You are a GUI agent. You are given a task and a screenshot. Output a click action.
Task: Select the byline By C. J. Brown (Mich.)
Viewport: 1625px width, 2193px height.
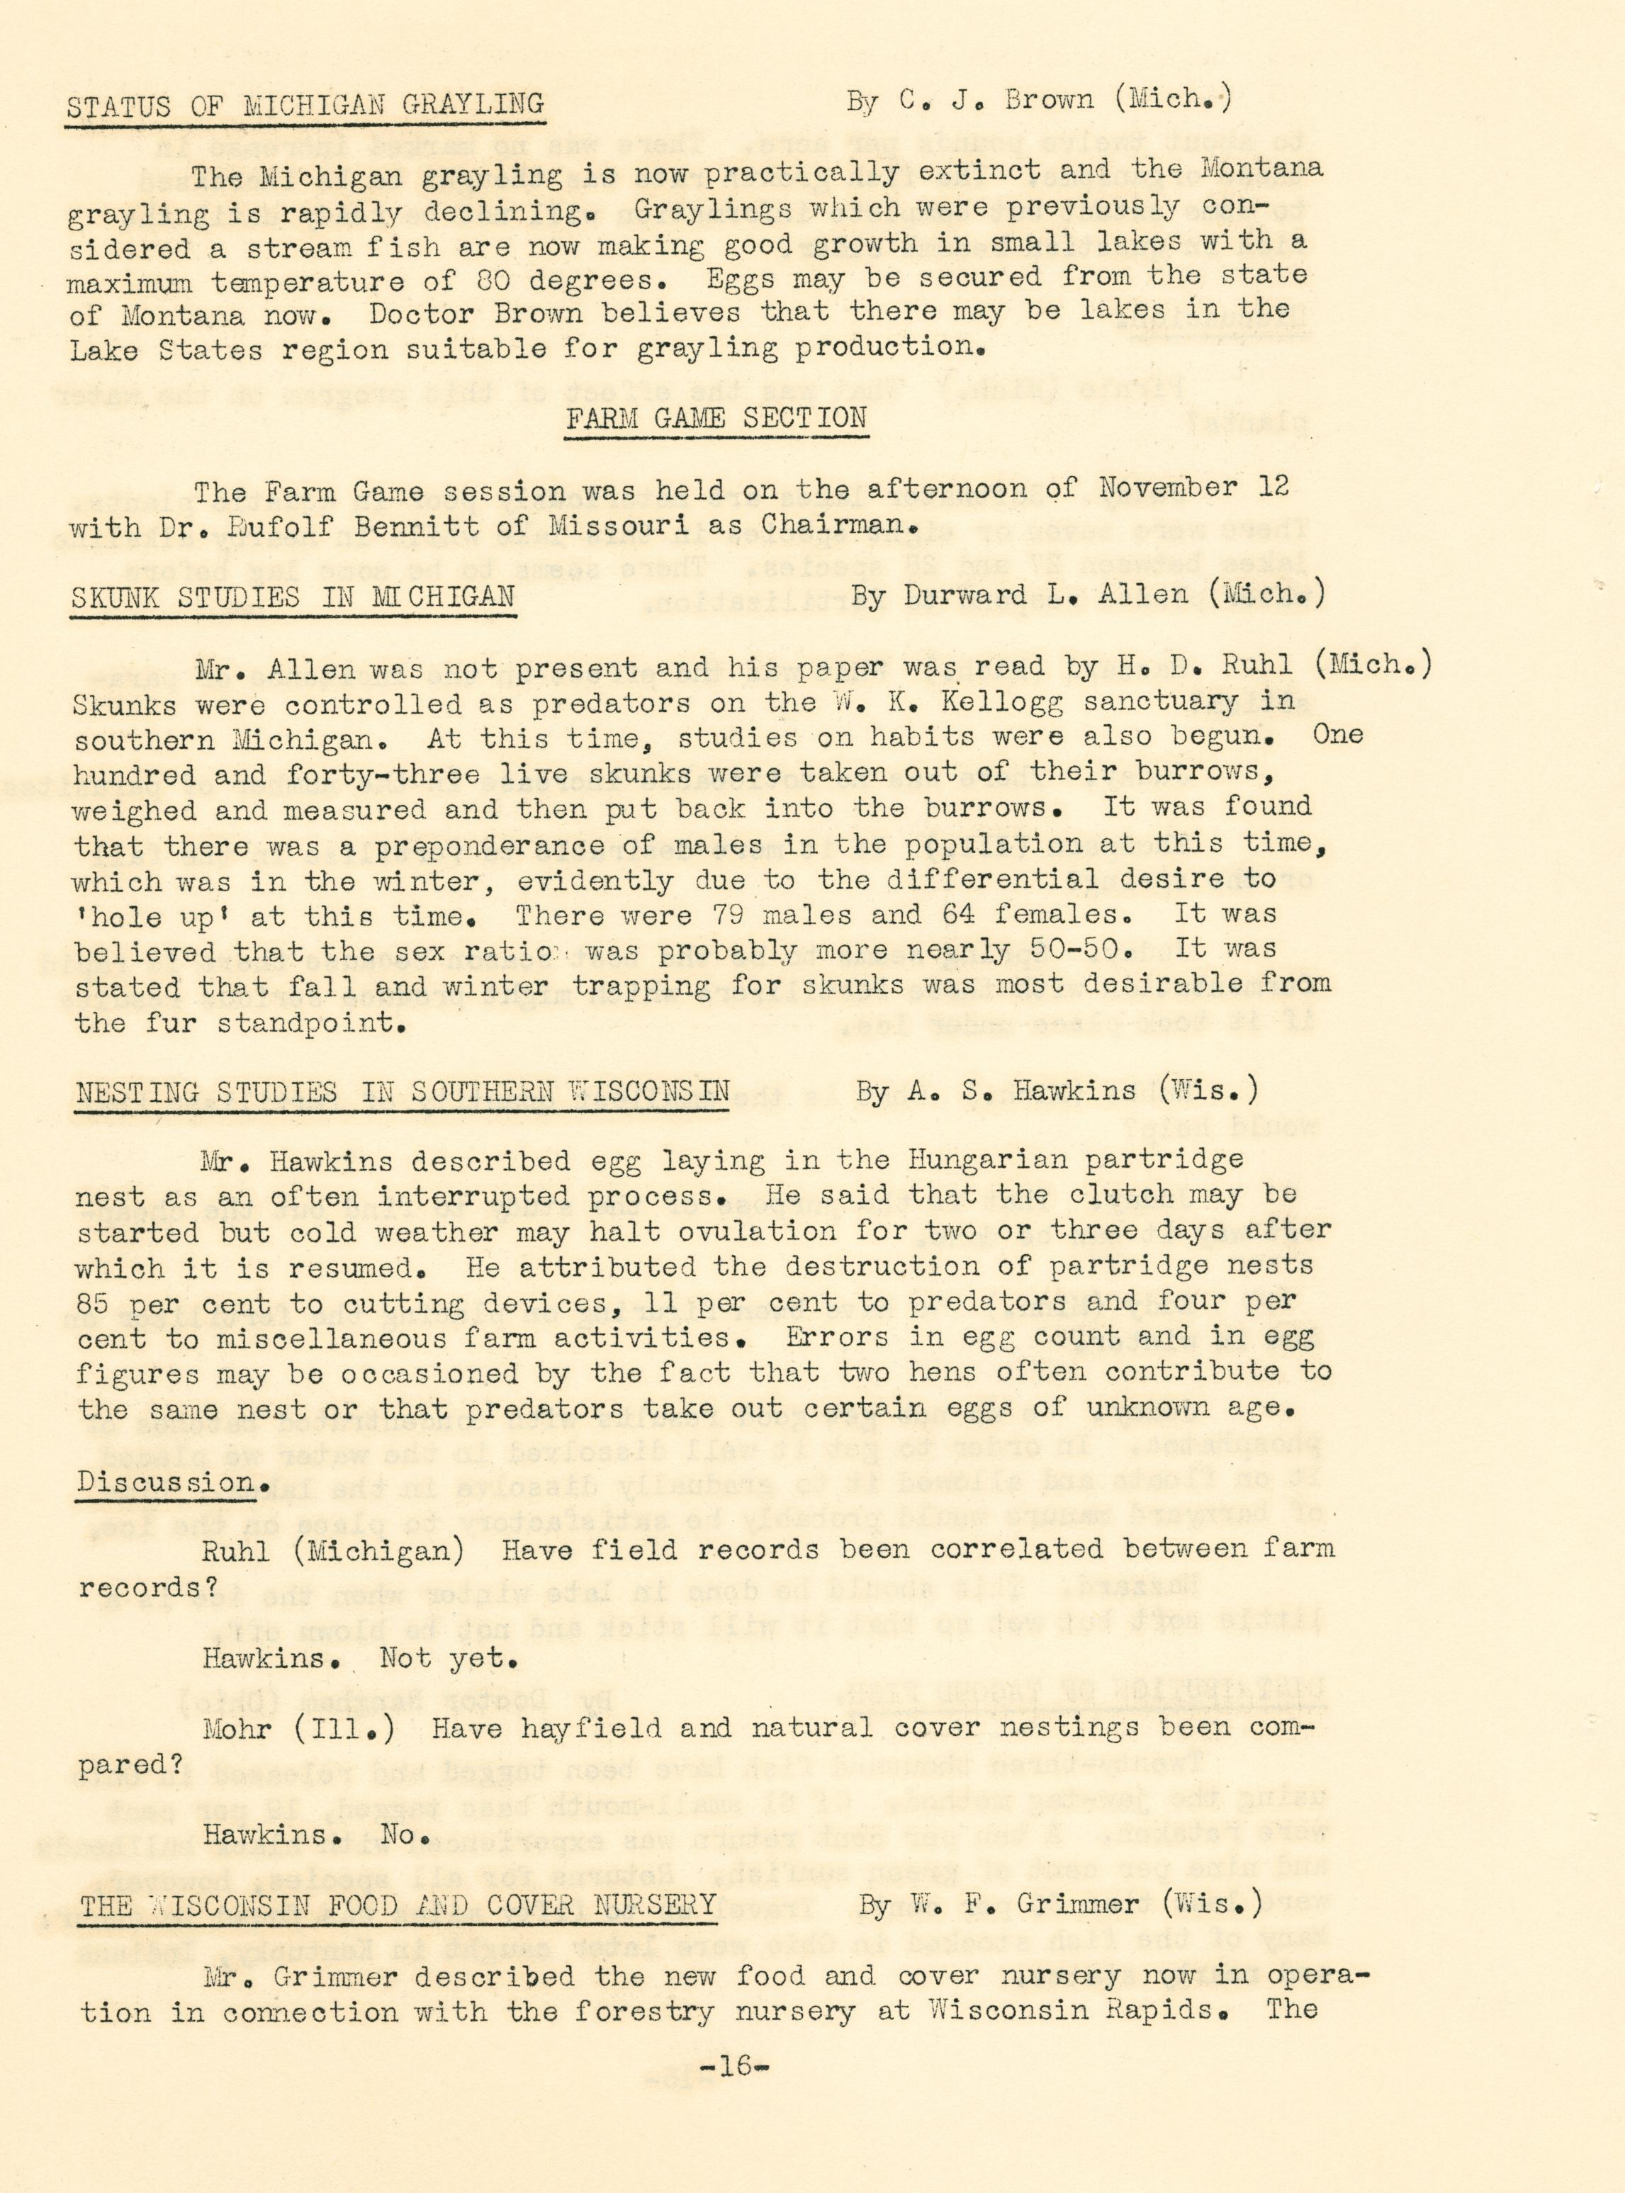click(1038, 99)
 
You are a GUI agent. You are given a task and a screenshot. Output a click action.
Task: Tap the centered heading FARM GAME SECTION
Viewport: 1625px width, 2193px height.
click(715, 418)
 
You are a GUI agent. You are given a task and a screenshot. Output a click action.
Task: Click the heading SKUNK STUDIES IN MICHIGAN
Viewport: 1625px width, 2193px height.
click(293, 597)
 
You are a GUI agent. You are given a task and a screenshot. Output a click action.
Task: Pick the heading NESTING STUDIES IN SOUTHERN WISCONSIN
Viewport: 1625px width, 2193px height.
click(403, 1092)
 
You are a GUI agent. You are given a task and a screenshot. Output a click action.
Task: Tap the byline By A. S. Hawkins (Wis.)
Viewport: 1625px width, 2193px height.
click(1057, 1090)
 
